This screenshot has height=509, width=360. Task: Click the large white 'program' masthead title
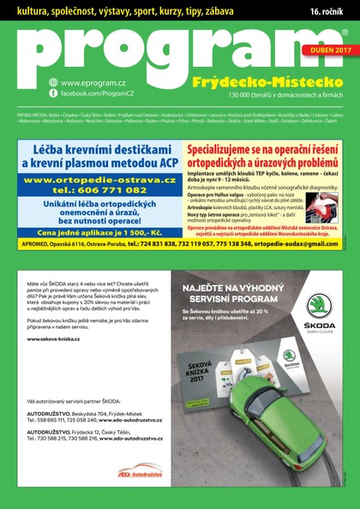coord(171,51)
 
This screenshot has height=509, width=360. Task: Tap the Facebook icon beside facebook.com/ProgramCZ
coord(53,93)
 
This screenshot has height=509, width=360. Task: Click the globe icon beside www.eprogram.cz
coord(53,82)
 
